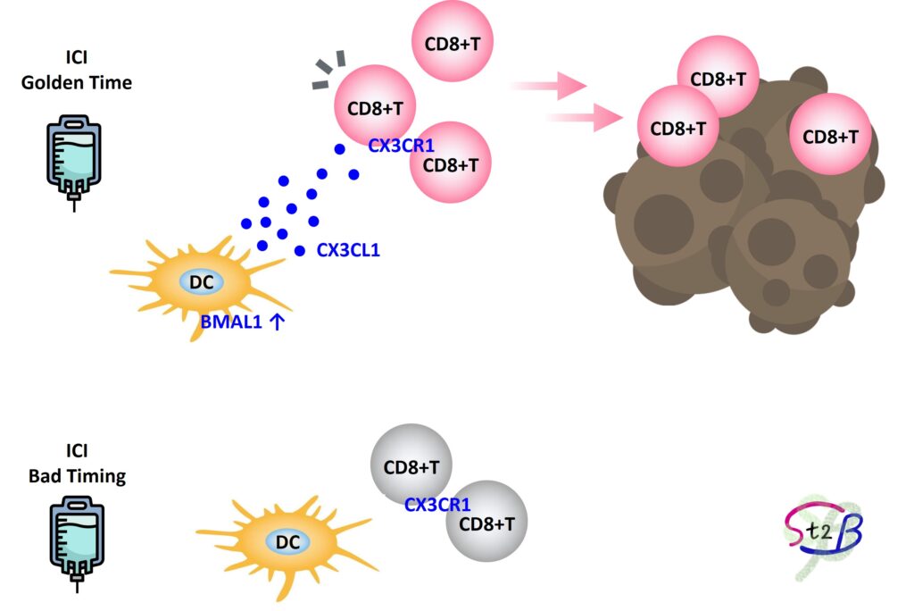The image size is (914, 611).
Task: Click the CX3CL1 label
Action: pyautogui.click(x=348, y=251)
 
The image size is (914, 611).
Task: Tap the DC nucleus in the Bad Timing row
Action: pyautogui.click(x=287, y=541)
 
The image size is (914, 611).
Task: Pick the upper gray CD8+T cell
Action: pyautogui.click(x=411, y=466)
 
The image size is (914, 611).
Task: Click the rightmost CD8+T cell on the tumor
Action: pyautogui.click(x=830, y=136)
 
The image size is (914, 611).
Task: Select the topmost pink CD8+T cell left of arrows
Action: pyautogui.click(x=452, y=40)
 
